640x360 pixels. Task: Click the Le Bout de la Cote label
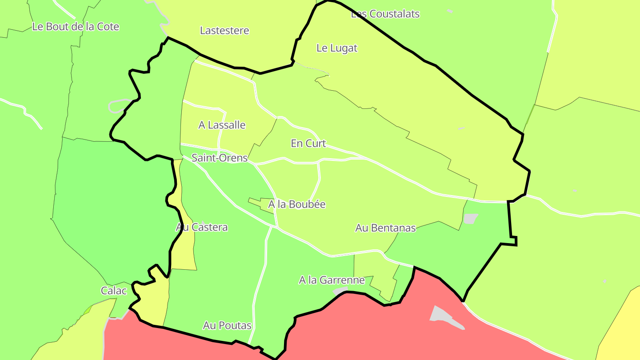click(x=76, y=27)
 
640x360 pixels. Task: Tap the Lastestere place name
click(x=224, y=31)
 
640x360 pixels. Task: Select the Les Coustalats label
click(x=385, y=14)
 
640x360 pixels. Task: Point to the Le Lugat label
click(x=337, y=48)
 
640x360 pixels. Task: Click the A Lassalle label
click(x=222, y=125)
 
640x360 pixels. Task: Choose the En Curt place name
click(x=308, y=144)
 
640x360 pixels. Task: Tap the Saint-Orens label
click(x=219, y=158)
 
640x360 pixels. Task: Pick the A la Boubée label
click(x=297, y=204)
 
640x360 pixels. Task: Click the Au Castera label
click(x=202, y=228)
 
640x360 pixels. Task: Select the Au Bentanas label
click(x=385, y=228)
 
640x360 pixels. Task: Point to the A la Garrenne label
click(x=332, y=280)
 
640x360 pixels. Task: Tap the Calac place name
click(x=114, y=291)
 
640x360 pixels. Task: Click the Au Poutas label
click(x=227, y=326)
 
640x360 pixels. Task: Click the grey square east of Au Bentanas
click(x=470, y=219)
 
